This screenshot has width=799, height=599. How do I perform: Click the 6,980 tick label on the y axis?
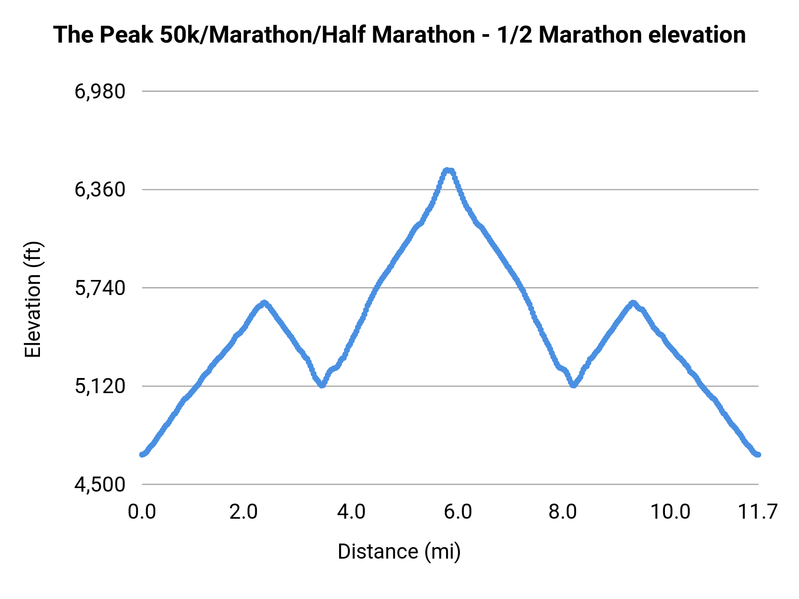pos(100,91)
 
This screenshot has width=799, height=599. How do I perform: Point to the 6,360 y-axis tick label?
pos(100,190)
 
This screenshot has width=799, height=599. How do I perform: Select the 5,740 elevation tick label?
pos(100,288)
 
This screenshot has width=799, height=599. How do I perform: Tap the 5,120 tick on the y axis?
pos(100,386)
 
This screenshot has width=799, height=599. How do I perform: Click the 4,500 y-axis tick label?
pos(100,485)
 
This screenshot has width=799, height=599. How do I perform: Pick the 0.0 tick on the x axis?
pos(142,512)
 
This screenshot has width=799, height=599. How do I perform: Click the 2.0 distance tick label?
pos(244,512)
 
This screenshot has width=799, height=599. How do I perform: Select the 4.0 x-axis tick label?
pos(351,512)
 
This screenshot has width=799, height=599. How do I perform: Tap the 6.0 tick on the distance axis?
pos(458,512)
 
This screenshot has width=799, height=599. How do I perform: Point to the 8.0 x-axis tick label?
pos(562,512)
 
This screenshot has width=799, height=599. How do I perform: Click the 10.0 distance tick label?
pos(670,512)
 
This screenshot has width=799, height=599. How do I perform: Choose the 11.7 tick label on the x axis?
pos(757,512)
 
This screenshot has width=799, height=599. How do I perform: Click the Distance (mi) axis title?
pos(399,552)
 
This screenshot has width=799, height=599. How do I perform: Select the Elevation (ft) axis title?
pos(33,299)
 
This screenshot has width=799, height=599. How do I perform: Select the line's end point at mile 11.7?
pos(758,455)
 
